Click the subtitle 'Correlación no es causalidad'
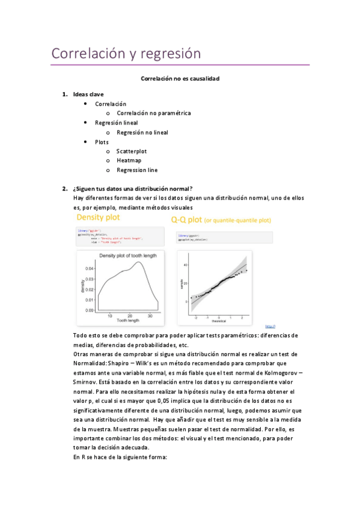click(180, 79)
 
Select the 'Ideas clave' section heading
click(88, 94)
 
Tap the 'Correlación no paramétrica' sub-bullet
click(154, 113)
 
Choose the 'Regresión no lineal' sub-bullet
click(142, 132)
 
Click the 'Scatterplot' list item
click(132, 152)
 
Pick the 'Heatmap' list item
click(129, 161)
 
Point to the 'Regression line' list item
click(137, 170)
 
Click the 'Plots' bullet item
click(102, 142)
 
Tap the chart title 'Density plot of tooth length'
click(127, 256)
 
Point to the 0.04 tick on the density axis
click(88, 268)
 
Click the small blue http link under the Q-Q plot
click(270, 327)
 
